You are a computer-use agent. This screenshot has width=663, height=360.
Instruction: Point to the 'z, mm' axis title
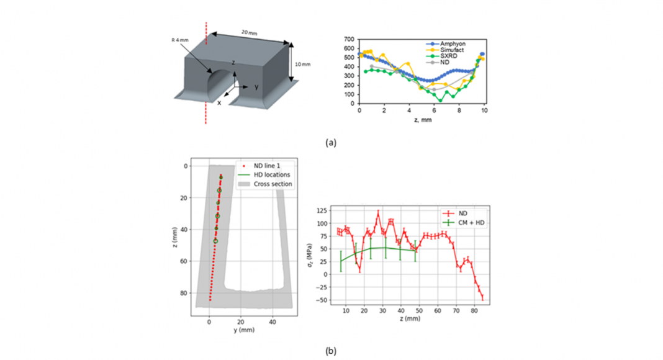pyautogui.click(x=422, y=119)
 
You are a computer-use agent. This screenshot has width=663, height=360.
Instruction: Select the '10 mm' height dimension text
pyautogui.click(x=298, y=63)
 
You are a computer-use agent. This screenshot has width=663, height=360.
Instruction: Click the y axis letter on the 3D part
pyautogui.click(x=256, y=87)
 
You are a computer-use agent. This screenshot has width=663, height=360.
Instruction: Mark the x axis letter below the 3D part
pyautogui.click(x=219, y=102)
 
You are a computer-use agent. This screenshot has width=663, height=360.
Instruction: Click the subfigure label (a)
pyautogui.click(x=331, y=142)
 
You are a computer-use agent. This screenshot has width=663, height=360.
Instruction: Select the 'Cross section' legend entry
pyautogui.click(x=273, y=184)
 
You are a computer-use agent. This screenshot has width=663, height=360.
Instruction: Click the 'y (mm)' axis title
pyautogui.click(x=244, y=330)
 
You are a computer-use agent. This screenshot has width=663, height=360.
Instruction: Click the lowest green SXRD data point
pyautogui.click(x=441, y=100)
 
